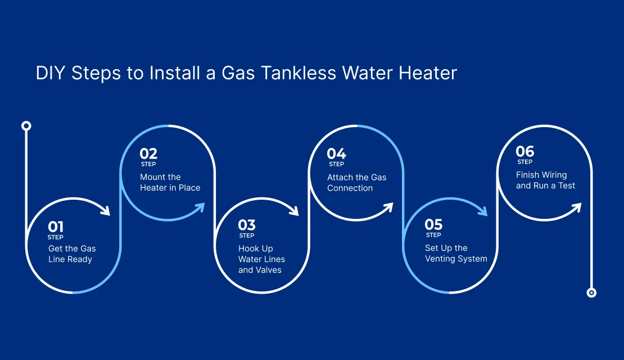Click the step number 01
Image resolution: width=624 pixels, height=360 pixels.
56,227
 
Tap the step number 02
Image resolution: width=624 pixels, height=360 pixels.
148,154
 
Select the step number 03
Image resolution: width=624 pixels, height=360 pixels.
247,225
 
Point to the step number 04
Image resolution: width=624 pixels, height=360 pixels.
336,154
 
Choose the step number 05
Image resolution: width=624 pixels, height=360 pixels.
433,224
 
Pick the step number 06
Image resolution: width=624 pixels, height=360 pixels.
525,151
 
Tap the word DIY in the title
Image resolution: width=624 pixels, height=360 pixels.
51,73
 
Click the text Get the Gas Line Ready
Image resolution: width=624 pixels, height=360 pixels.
72,254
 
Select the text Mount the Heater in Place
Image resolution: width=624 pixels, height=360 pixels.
170,182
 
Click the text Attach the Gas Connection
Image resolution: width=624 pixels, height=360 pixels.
356,183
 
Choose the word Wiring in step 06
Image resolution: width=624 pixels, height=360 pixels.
554,175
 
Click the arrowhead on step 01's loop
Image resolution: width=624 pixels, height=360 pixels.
106,210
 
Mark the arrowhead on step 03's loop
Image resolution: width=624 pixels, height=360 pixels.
294,210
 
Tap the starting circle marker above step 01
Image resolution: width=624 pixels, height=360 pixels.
26,126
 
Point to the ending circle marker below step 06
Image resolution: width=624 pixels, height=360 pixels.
592,293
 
